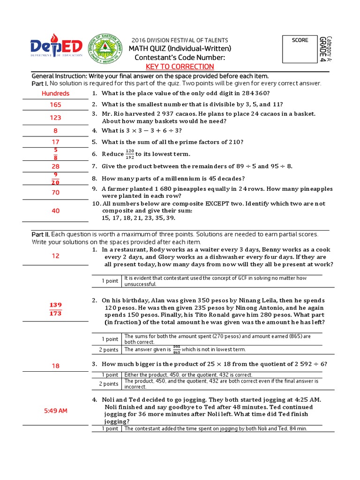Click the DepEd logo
pyautogui.click(x=56, y=47)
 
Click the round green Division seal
pyautogui.click(x=105, y=48)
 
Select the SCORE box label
pyautogui.click(x=300, y=40)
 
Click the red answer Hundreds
pyautogui.click(x=55, y=93)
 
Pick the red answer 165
pyautogui.click(x=55, y=105)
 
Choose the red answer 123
pyautogui.click(x=55, y=118)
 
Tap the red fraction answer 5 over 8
pyautogui.click(x=55, y=154)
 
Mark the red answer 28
pyautogui.click(x=55, y=166)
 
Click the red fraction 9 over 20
pyautogui.click(x=55, y=179)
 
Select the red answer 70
pyautogui.click(x=55, y=192)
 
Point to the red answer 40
pyautogui.click(x=55, y=211)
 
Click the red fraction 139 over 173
pyautogui.click(x=55, y=309)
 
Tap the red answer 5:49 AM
pyautogui.click(x=55, y=411)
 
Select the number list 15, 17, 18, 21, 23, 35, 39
pyautogui.click(x=138, y=218)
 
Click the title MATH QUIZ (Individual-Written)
pyautogui.click(x=180, y=49)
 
